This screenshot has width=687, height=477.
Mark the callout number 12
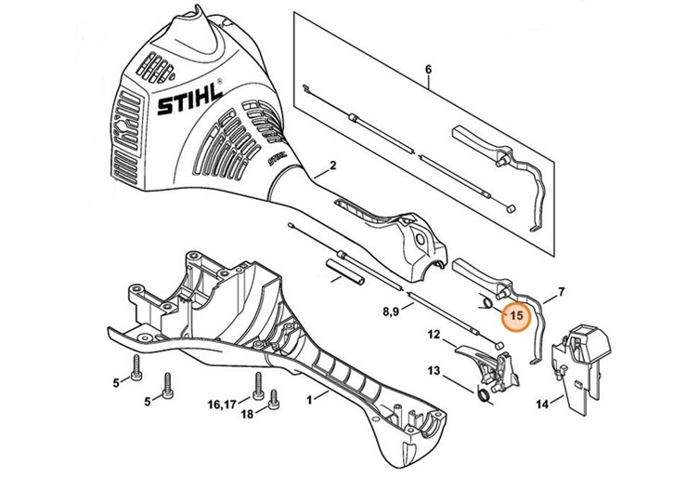tap(434, 334)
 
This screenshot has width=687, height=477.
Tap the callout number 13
tap(434, 371)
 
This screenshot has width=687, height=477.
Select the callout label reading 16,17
tap(221, 405)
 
